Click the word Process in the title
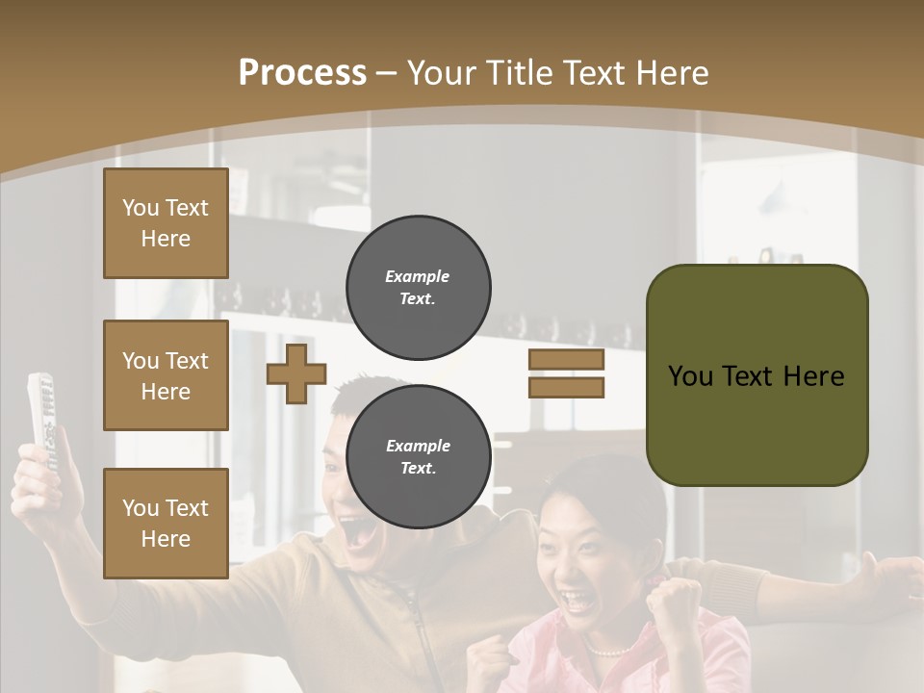click(x=302, y=73)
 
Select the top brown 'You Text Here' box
click(x=166, y=223)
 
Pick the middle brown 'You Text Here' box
click(x=166, y=375)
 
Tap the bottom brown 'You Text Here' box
click(x=166, y=523)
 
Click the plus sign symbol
click(x=296, y=373)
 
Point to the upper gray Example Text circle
click(x=419, y=287)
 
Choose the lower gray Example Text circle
click(x=419, y=456)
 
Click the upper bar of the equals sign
click(x=566, y=359)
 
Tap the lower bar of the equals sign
click(x=566, y=387)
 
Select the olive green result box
click(x=757, y=375)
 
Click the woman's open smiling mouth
click(x=580, y=602)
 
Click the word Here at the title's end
click(x=674, y=73)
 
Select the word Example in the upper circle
click(x=418, y=276)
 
